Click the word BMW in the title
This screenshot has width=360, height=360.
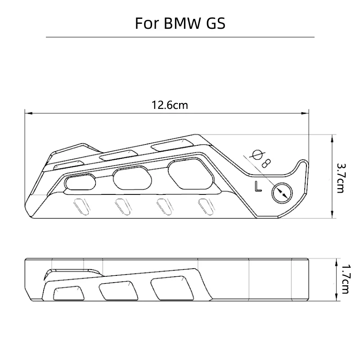[181, 23]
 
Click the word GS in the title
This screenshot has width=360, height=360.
[216, 23]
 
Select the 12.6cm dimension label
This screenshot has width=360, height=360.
[170, 105]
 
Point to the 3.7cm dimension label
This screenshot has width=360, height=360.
[341, 178]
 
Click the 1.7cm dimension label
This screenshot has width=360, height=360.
[345, 279]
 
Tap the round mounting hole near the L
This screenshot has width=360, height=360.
[282, 193]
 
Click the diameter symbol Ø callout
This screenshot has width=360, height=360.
[257, 155]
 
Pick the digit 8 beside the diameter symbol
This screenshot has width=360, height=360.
[267, 163]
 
